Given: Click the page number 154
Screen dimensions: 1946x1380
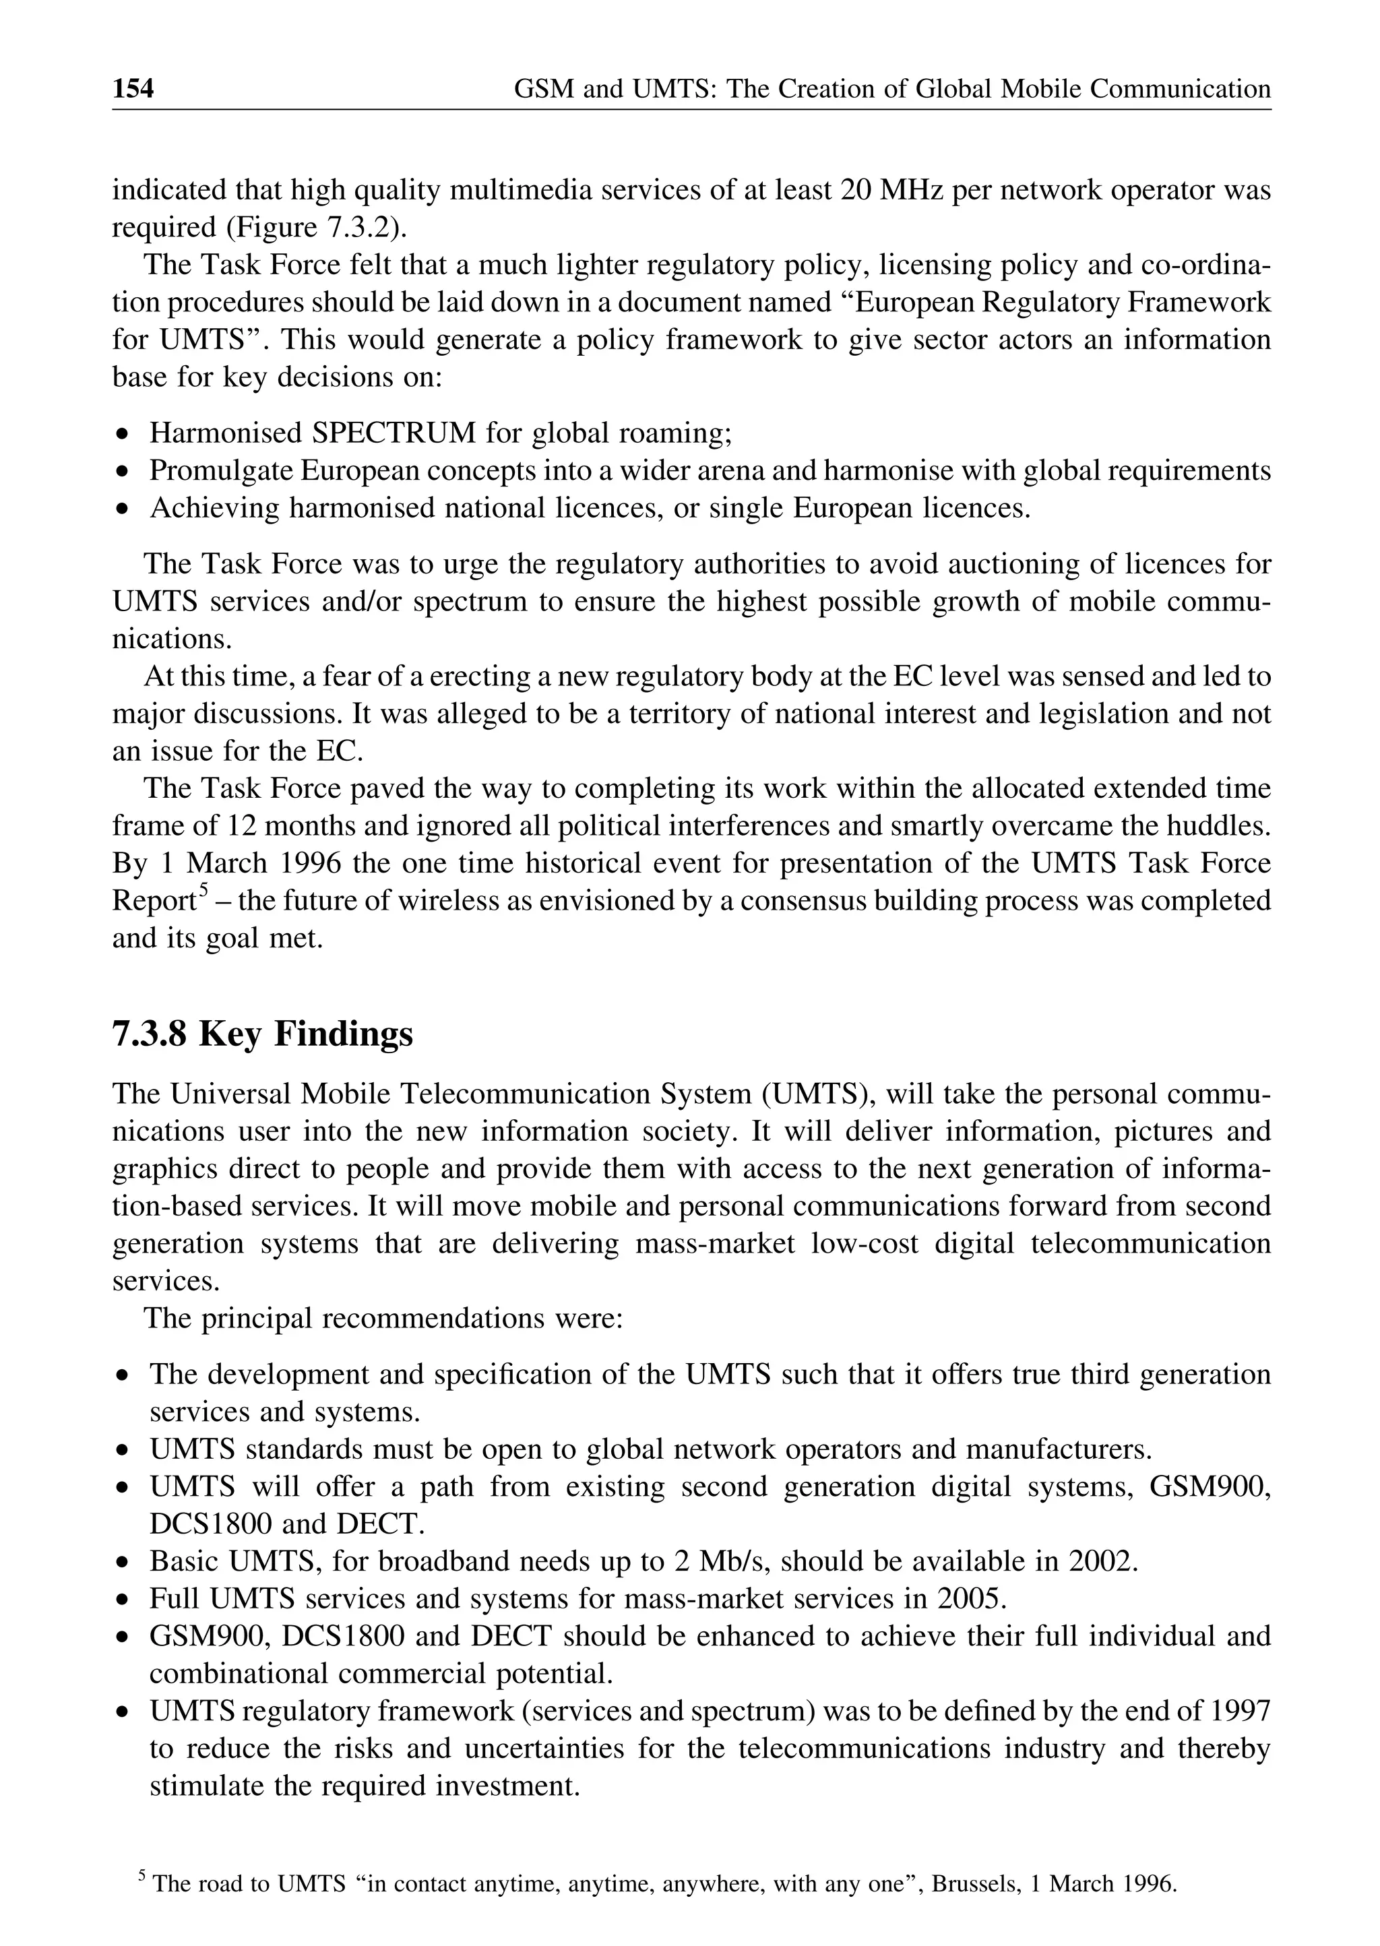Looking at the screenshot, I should pyautogui.click(x=133, y=88).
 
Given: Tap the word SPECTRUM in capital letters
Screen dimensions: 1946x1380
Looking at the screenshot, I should pyautogui.click(x=394, y=433).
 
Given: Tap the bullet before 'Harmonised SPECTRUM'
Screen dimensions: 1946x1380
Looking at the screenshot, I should pyautogui.click(x=124, y=435).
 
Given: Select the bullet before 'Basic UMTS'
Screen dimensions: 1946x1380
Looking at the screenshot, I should pyautogui.click(x=124, y=1563).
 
